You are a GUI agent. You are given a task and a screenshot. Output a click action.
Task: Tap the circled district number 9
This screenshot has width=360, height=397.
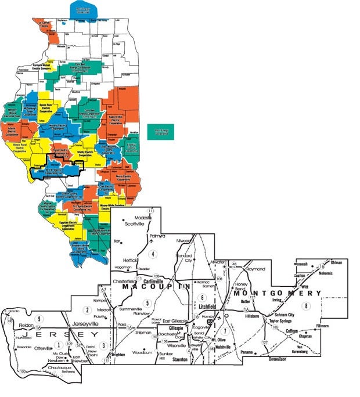pyautogui.click(x=39, y=318)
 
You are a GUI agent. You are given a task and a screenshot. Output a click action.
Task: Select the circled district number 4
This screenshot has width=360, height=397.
pyautogui.click(x=153, y=254)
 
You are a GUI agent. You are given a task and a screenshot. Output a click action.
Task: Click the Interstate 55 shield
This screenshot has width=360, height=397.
pyautogui.click(x=209, y=320)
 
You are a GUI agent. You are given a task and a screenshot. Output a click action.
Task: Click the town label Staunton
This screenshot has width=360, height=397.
pyautogui.click(x=180, y=359)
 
